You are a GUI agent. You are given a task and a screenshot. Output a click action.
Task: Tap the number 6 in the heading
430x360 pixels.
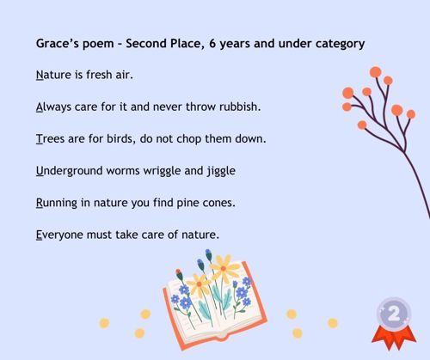212,44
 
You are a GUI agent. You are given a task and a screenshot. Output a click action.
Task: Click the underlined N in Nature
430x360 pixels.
40,75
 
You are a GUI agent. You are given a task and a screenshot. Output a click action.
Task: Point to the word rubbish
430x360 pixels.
240,107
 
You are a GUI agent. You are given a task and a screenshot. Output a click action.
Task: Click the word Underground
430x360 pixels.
70,171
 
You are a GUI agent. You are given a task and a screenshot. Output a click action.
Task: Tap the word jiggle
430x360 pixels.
221,171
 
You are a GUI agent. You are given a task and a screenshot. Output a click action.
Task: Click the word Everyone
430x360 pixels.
59,235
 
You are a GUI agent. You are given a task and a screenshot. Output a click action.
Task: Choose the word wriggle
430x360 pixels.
162,171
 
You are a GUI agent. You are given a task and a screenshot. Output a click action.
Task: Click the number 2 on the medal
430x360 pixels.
394,314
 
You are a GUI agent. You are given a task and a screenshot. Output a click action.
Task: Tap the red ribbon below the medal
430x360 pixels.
394,338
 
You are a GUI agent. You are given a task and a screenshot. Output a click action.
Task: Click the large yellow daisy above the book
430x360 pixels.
224,268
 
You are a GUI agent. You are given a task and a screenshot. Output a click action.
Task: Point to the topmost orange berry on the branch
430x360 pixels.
376,72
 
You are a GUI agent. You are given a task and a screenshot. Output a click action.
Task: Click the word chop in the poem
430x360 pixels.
189,139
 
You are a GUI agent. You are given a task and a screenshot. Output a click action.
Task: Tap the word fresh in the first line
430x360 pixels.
99,75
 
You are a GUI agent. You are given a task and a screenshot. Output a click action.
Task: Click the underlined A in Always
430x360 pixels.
40,107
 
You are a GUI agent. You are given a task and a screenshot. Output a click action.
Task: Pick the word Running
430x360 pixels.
57,204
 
